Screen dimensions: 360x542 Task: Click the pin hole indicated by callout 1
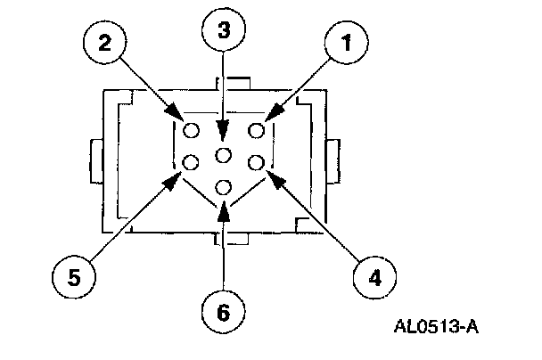(258, 131)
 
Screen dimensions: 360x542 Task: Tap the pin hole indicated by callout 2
(190, 131)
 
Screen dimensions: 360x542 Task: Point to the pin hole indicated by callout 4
(258, 162)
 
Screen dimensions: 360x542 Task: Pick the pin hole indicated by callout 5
(190, 162)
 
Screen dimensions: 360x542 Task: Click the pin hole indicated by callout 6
(224, 187)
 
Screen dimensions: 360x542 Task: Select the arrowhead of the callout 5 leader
(169, 184)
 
